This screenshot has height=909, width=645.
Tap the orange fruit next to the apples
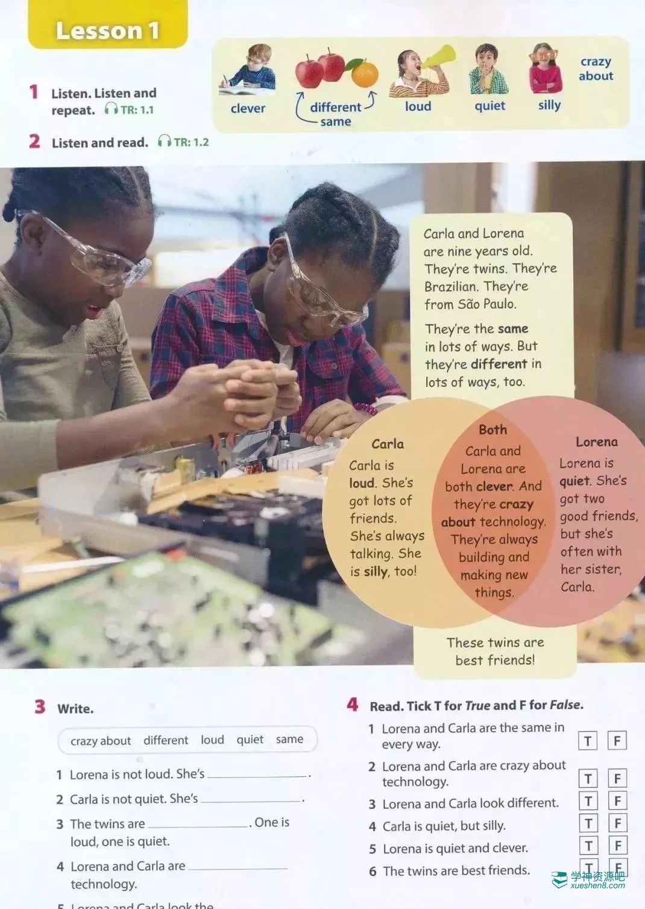365,74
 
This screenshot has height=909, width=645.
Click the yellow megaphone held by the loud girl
439,57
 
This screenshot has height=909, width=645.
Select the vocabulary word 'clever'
248,109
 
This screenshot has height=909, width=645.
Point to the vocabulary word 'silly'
549,106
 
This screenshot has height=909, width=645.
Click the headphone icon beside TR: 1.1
111,109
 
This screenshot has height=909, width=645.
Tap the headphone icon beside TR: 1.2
165,141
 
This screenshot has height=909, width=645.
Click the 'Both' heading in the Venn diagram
493,429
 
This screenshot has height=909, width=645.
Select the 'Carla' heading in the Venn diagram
388,443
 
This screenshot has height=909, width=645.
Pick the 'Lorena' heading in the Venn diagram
597,442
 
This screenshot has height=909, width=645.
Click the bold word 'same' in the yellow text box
513,328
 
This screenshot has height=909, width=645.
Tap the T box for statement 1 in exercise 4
588,741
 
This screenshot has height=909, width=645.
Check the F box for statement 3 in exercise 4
618,800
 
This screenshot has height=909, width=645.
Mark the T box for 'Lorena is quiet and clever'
588,845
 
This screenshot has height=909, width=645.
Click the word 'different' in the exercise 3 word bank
166,740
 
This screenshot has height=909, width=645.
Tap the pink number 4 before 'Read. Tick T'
353,705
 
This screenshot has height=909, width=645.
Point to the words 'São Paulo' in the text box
486,304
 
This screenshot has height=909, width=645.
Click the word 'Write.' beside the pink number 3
75,709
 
